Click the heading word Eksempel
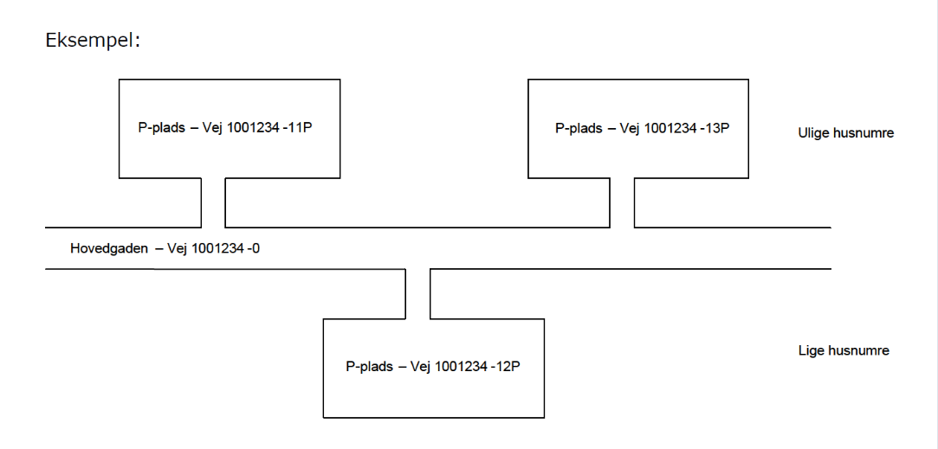pyautogui.click(x=92, y=41)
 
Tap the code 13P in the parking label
pyautogui.click(x=718, y=129)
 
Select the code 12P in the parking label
pyautogui.click(x=508, y=366)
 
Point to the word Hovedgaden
pyautogui.click(x=109, y=249)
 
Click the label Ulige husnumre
pyautogui.click(x=845, y=133)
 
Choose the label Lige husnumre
pyautogui.click(x=844, y=350)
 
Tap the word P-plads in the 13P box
pyautogui.click(x=579, y=129)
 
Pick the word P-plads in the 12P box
pyautogui.click(x=369, y=366)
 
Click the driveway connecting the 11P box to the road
pyautogui.click(x=214, y=202)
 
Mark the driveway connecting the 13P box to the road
pyautogui.click(x=622, y=202)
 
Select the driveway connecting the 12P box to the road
pyautogui.click(x=418, y=294)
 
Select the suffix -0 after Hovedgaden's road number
pyautogui.click(x=252, y=249)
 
